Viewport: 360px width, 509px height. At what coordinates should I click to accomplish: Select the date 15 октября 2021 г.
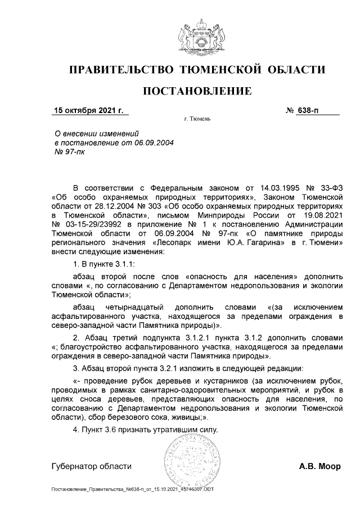(x=88, y=110)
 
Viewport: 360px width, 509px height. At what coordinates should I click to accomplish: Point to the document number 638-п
(x=308, y=110)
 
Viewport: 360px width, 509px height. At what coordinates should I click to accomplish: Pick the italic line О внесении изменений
(x=96, y=133)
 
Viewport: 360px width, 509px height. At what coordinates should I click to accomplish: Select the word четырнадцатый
(x=137, y=307)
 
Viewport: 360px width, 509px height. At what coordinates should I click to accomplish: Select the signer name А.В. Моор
(x=319, y=466)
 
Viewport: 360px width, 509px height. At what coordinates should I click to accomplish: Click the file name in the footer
(x=132, y=489)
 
